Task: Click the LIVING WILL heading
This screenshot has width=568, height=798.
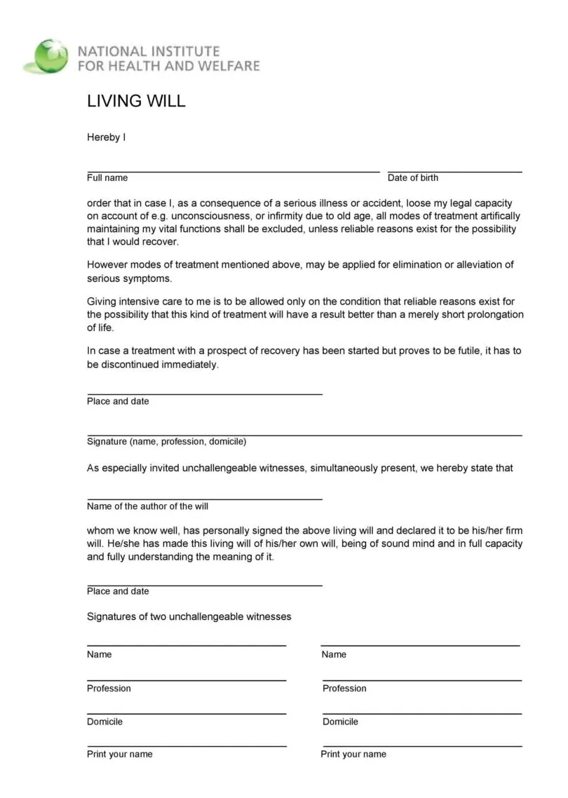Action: coord(136,101)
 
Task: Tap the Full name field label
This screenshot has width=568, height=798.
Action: coord(107,178)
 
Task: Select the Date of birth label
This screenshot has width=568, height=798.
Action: coord(412,178)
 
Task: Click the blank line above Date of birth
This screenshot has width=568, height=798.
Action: coord(454,171)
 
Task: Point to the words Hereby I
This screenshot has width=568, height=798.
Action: coord(106,137)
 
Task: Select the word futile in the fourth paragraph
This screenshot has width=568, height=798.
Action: coord(463,351)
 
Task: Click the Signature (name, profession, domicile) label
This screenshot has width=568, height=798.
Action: coord(166,442)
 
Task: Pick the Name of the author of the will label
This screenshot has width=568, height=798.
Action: coord(147,506)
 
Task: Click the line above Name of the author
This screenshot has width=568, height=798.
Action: coord(204,499)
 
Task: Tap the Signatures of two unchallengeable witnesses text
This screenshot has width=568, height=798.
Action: coord(189,617)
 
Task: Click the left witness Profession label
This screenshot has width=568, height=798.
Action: coord(109,689)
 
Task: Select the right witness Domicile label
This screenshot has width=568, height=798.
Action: coord(340,722)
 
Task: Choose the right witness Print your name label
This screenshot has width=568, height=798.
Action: coord(353,755)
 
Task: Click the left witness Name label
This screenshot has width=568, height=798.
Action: coord(99,655)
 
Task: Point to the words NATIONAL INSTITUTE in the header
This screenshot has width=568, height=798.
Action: coord(148,52)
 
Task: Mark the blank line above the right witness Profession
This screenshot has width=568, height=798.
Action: coord(421,680)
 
